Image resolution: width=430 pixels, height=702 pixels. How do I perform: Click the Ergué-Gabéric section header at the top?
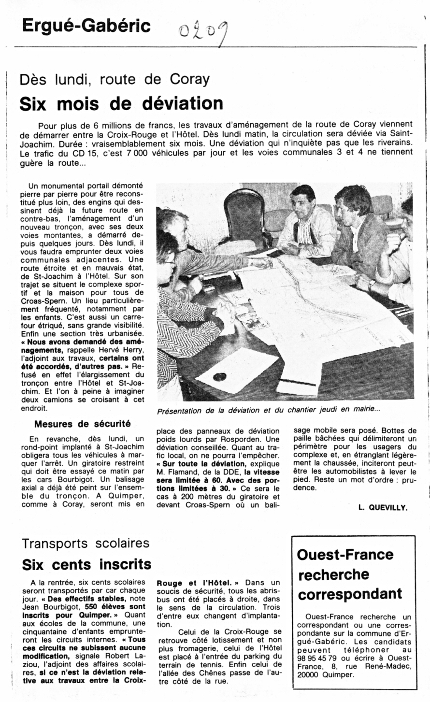(86, 25)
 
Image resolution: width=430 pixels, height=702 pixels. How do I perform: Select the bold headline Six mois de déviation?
(121, 103)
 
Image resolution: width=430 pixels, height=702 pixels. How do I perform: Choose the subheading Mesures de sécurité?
(83, 424)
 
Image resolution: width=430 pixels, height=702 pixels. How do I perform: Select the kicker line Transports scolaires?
(86, 544)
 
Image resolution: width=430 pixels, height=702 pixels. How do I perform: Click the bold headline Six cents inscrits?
(87, 564)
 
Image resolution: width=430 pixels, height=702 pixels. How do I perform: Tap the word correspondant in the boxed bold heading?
(350, 594)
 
